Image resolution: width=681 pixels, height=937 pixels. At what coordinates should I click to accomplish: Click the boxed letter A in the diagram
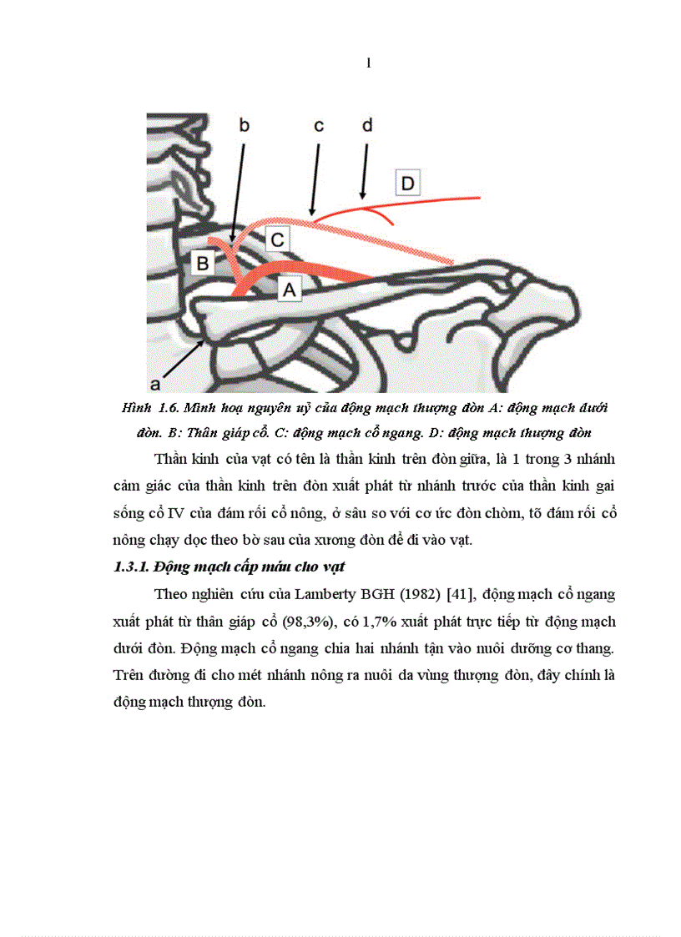(290, 289)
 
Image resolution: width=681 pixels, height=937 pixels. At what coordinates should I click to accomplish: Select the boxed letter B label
(202, 264)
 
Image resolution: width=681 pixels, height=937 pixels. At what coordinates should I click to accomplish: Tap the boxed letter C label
(278, 239)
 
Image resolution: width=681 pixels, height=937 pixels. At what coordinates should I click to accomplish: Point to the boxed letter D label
(407, 182)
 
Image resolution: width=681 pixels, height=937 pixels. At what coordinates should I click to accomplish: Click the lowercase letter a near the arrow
(154, 383)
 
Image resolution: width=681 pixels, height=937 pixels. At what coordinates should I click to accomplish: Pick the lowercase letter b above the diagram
(245, 125)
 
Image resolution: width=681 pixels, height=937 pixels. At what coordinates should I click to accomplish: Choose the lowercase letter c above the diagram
(319, 126)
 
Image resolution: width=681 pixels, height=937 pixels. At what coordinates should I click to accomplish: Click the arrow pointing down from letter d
(363, 171)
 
